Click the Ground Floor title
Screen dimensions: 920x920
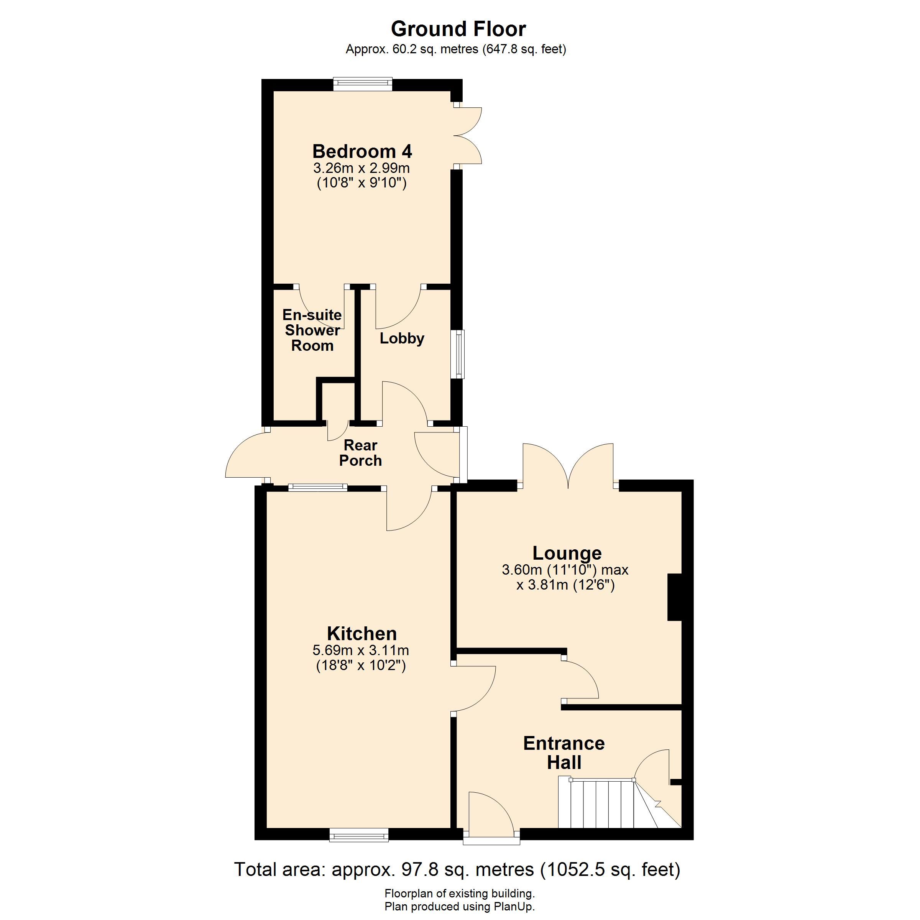[458, 29]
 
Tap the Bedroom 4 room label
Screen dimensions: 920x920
[362, 151]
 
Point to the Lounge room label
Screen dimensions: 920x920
[567, 553]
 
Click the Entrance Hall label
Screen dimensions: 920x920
[564, 753]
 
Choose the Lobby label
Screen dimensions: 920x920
[401, 338]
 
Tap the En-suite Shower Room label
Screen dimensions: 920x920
[312, 330]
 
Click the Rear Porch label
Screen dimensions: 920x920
[360, 453]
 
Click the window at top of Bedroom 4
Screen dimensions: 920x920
[362, 85]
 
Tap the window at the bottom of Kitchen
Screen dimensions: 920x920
[359, 834]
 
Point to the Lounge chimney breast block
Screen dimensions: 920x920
[675, 598]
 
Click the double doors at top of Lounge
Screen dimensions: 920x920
[568, 466]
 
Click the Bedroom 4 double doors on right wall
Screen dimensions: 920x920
[467, 136]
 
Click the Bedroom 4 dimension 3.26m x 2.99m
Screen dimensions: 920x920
[361, 168]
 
